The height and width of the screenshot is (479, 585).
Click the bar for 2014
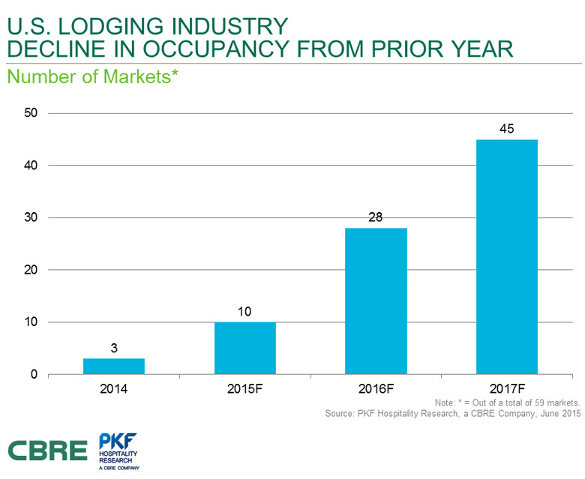113,366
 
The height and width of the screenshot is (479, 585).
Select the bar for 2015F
244,348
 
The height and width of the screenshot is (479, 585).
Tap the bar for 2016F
376,301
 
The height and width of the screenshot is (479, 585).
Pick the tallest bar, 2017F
506,256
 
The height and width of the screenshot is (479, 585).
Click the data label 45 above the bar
506,129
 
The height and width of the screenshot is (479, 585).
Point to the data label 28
376,217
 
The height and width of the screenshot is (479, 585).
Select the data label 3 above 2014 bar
113,348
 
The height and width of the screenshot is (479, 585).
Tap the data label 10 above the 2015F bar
244,311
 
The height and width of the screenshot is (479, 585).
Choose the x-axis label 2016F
376,391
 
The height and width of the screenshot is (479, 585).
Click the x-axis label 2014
113,391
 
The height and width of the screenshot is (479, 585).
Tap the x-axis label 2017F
506,391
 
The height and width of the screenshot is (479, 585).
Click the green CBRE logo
48,450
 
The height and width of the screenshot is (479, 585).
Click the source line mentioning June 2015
454,414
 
